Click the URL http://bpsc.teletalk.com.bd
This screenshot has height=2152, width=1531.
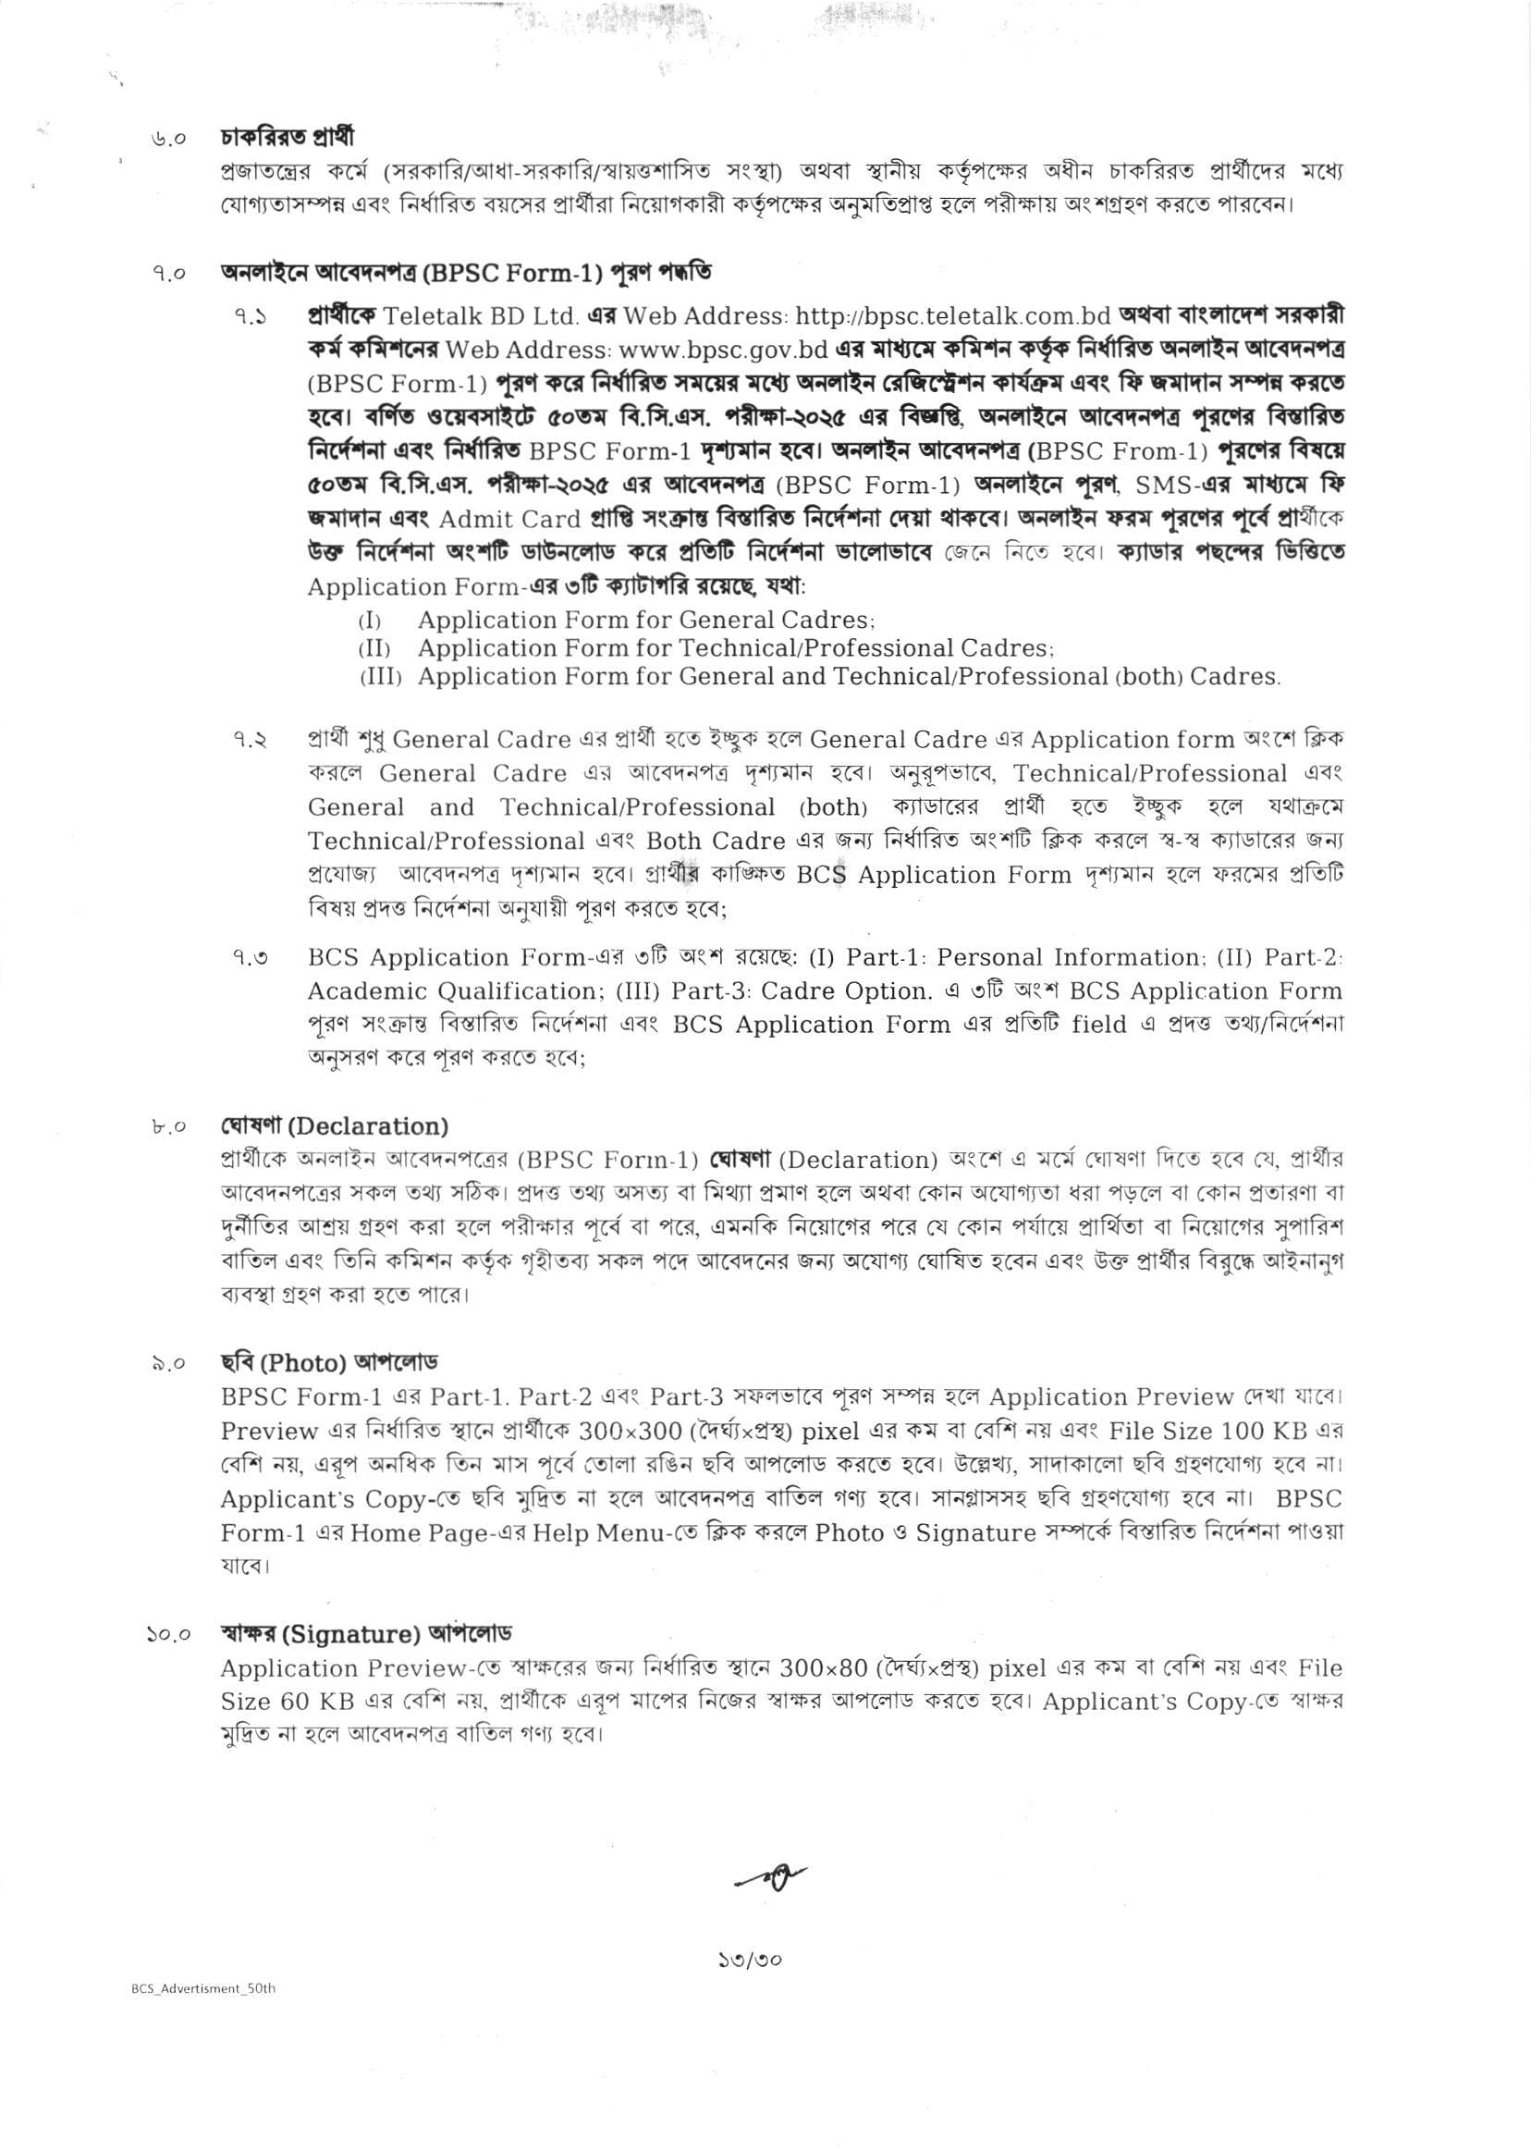[x=954, y=315]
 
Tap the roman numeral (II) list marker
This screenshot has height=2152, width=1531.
[x=374, y=649]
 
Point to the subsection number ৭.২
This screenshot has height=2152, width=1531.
[x=250, y=740]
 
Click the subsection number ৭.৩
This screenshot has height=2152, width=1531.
[x=250, y=958]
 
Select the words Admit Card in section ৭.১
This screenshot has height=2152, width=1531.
[x=509, y=520]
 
